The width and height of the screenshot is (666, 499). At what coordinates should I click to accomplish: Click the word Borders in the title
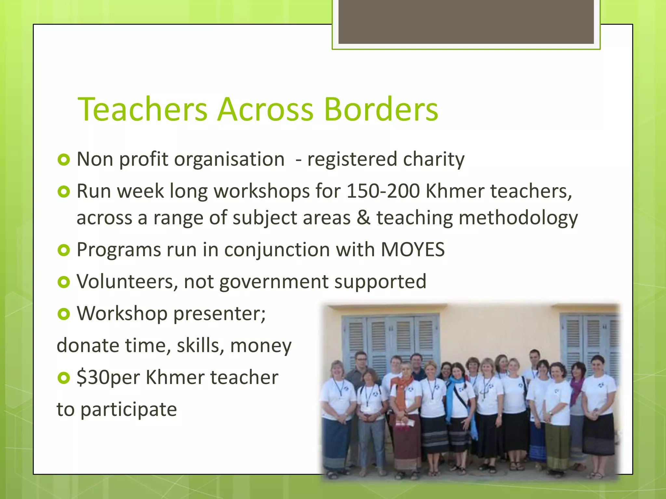pyautogui.click(x=381, y=109)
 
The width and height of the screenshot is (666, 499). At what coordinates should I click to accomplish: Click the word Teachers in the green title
pyautogui.click(x=142, y=109)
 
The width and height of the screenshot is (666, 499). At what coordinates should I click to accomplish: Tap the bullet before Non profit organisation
pyautogui.click(x=64, y=160)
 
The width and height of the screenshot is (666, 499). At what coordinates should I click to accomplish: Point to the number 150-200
pyautogui.click(x=383, y=191)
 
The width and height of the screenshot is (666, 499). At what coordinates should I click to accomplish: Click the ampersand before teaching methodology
pyautogui.click(x=363, y=217)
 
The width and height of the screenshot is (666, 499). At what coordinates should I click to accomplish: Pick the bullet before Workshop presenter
pyautogui.click(x=64, y=314)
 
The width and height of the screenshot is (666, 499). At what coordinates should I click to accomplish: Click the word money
pyautogui.click(x=261, y=346)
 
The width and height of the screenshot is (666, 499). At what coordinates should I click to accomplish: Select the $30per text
pyautogui.click(x=108, y=377)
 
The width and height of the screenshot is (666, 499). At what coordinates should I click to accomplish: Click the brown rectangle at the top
pyautogui.click(x=466, y=21)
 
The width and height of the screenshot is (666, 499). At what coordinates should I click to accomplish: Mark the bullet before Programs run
pyautogui.click(x=64, y=250)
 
